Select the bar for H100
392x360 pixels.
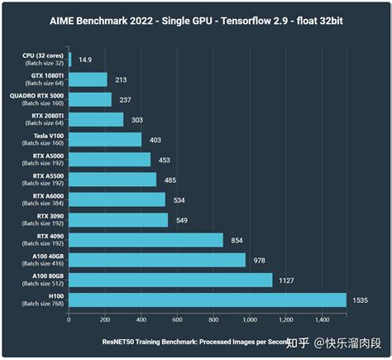[x=207, y=300]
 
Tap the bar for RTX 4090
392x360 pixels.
[x=146, y=240]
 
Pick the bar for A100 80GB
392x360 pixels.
[x=170, y=280]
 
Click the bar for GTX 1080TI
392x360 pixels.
[x=88, y=79]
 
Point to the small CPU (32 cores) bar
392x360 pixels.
[x=70, y=60]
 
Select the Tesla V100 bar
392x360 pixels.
[x=105, y=139]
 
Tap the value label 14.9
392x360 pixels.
[x=85, y=60]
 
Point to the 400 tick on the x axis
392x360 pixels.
[x=141, y=319]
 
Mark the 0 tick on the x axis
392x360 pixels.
[x=69, y=319]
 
